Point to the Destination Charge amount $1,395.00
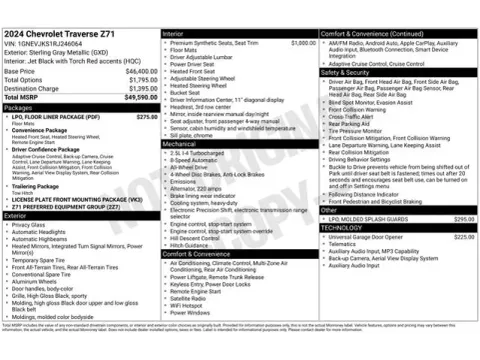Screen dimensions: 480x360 pyautogui.click(x=139, y=89)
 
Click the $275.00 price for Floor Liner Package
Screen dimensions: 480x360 pyautogui.click(x=146, y=117)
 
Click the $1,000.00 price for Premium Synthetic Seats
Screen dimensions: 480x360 pyautogui.click(x=303, y=43)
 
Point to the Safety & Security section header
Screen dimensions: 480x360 pyautogui.click(x=345, y=72)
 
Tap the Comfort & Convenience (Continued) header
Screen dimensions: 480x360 pyautogui.click(x=369, y=34)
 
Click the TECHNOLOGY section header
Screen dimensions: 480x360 pyautogui.click(x=342, y=227)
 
